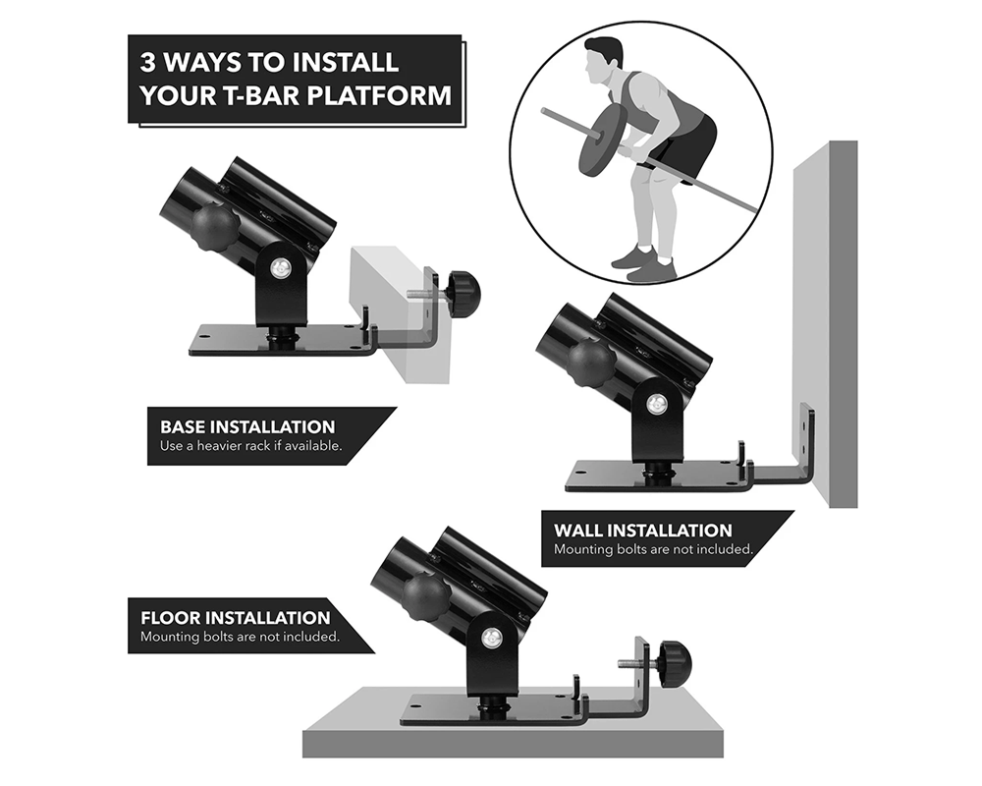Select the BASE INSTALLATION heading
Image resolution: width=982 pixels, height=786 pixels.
click(247, 426)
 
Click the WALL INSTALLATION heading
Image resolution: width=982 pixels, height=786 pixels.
click(642, 531)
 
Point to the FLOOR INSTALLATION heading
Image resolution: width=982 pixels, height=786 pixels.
click(236, 618)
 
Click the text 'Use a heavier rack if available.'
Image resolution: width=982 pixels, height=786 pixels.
click(250, 446)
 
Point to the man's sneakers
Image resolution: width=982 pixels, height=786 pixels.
click(644, 261)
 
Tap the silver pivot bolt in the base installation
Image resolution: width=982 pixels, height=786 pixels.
click(280, 269)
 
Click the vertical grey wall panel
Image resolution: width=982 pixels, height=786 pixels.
click(826, 323)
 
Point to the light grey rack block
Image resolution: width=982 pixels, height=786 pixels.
click(401, 313)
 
